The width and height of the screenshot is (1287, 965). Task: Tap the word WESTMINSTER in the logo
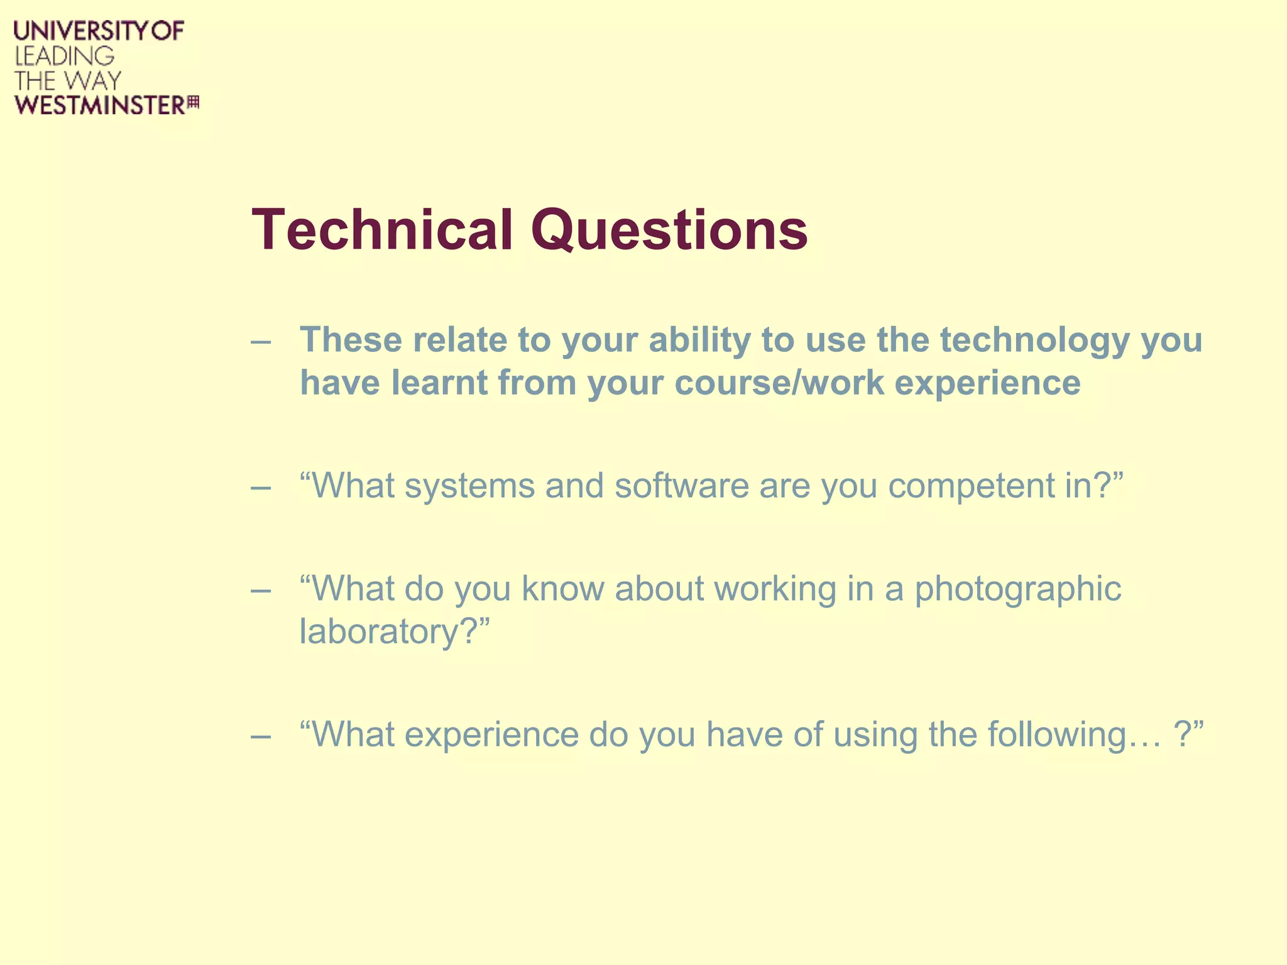100,105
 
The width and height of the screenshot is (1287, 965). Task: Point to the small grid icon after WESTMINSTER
194,102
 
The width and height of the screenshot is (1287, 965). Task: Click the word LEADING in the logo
65,57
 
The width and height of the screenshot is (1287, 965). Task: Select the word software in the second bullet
682,486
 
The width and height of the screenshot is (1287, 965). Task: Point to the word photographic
1017,590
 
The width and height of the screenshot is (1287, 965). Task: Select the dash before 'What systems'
261,488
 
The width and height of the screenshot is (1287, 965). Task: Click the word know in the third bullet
562,589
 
